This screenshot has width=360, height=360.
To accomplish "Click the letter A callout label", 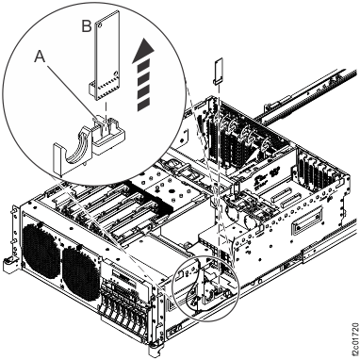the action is click(40, 57).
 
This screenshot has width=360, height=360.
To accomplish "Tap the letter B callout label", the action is click(87, 26).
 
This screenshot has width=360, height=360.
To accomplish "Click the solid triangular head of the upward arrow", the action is click(143, 49).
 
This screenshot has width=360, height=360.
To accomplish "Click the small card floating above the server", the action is click(219, 71).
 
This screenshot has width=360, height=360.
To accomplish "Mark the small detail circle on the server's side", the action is click(206, 288).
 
